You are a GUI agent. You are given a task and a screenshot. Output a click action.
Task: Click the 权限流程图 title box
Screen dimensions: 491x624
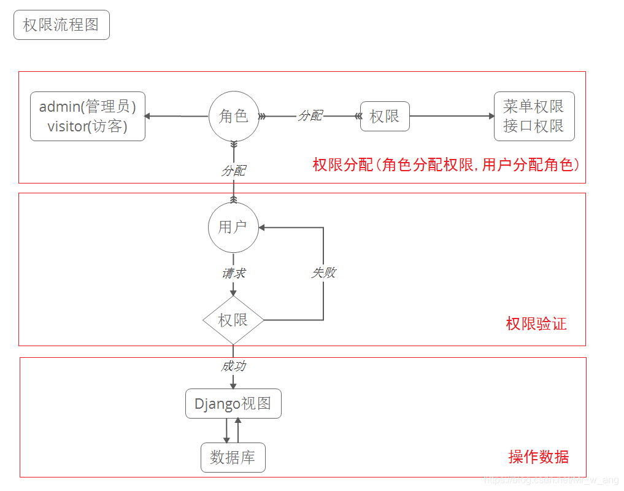(61, 25)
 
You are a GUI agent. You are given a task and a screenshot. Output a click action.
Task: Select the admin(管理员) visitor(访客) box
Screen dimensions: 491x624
(88, 117)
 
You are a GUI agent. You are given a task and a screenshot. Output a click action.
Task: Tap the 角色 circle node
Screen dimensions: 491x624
(233, 116)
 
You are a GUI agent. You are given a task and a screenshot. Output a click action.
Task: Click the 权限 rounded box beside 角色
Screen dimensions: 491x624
(385, 117)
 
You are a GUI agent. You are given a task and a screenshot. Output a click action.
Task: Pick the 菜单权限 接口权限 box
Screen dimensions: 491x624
(534, 117)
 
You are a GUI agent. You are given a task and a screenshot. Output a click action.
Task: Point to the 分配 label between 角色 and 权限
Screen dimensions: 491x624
(310, 116)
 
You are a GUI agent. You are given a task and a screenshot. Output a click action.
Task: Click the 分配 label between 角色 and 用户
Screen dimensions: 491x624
(233, 171)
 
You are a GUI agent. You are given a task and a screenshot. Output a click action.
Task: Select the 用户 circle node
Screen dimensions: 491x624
(233, 227)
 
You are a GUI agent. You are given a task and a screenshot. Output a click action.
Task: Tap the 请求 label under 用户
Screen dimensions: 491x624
(233, 273)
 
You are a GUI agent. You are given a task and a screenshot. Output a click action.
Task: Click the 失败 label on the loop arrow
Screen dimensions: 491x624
(323, 273)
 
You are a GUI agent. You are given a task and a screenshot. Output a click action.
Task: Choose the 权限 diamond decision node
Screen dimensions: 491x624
(233, 320)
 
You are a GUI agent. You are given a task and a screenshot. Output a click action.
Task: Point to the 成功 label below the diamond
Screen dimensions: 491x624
(233, 366)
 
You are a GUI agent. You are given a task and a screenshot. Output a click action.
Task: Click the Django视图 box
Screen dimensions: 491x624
(233, 404)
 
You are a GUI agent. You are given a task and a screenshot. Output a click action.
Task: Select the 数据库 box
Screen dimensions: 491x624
(233, 458)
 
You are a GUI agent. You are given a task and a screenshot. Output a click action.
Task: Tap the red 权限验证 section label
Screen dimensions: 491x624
(536, 324)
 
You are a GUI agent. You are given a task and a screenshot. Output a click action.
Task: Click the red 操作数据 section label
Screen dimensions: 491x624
(539, 457)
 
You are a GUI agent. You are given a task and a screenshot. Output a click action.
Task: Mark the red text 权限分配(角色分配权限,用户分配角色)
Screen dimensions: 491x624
(446, 164)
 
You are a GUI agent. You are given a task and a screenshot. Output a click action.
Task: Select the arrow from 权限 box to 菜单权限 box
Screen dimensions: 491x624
(451, 116)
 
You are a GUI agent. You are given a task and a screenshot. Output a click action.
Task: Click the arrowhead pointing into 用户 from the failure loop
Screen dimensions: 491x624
(263, 227)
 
